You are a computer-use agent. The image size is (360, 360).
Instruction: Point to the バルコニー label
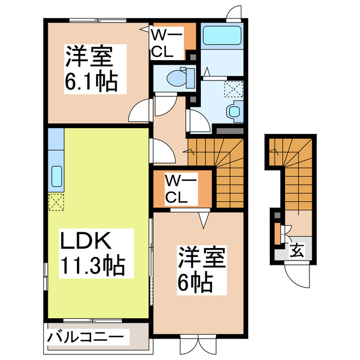click(x=84, y=338)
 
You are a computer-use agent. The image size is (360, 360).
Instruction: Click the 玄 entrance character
click(x=296, y=251)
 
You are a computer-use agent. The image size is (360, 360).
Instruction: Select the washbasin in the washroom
click(x=233, y=110)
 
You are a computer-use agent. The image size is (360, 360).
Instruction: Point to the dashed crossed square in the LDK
click(x=56, y=201)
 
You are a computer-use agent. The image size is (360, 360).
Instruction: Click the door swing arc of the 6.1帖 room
click(x=139, y=111)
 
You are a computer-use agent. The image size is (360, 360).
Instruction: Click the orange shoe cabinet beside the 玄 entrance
click(x=277, y=234)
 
